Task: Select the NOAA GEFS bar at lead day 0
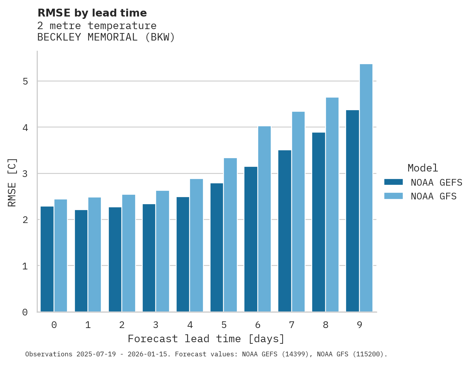click(x=47, y=259)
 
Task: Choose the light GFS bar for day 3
click(x=163, y=251)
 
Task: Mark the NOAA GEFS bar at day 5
click(x=217, y=248)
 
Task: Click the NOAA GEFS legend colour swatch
click(x=393, y=182)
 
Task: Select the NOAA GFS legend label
click(x=434, y=196)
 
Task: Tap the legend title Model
click(x=423, y=168)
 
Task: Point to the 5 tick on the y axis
click(x=25, y=81)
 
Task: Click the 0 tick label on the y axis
click(x=25, y=312)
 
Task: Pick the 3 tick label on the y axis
click(x=25, y=174)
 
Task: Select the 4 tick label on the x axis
click(x=190, y=325)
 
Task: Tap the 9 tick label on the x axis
click(x=359, y=325)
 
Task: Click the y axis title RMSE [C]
click(x=12, y=182)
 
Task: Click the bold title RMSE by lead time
click(x=92, y=13)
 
